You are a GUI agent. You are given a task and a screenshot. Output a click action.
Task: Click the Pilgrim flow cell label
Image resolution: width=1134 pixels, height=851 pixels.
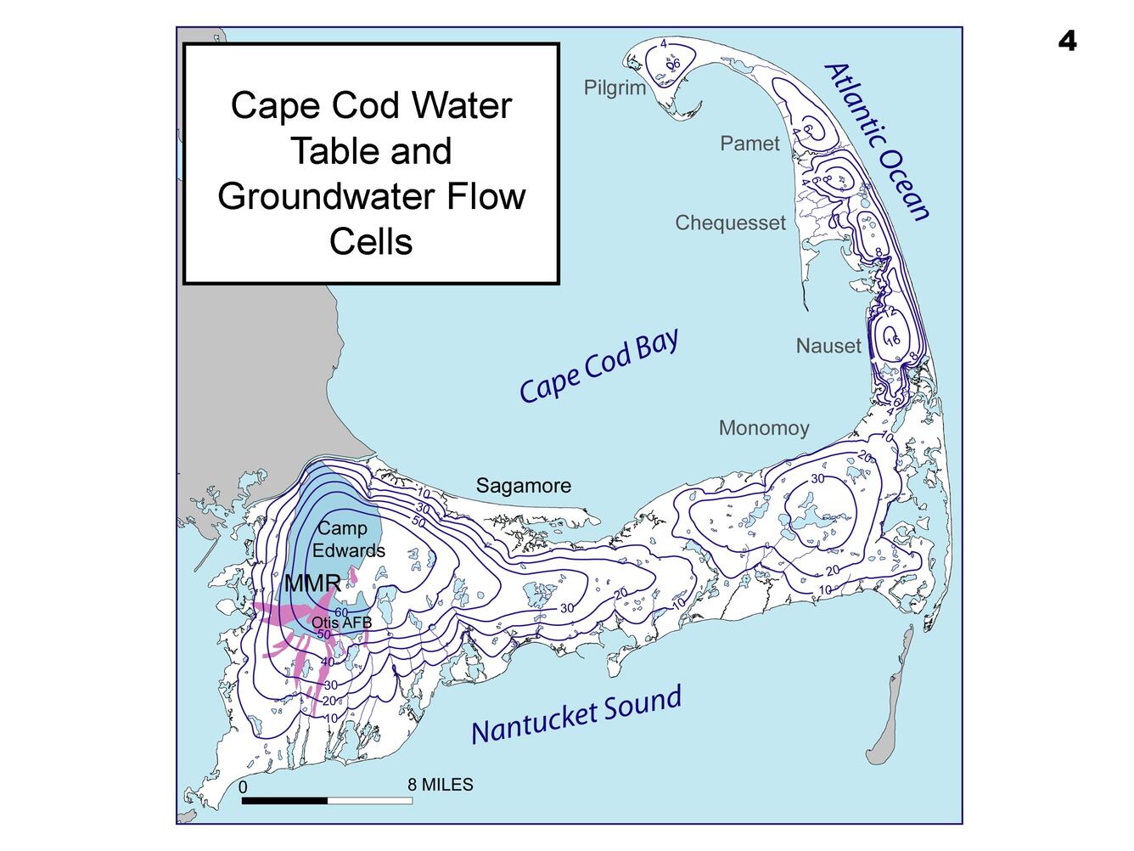pyautogui.click(x=615, y=88)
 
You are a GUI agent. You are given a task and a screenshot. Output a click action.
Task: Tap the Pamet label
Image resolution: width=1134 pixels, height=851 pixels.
pyautogui.click(x=749, y=144)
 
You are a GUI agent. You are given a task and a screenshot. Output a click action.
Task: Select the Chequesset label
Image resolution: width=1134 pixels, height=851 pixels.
pyautogui.click(x=730, y=223)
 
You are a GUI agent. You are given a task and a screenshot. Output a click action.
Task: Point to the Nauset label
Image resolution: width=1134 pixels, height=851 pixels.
pyautogui.click(x=828, y=346)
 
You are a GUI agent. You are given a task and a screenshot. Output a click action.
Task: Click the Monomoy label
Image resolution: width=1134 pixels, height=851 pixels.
pyautogui.click(x=764, y=428)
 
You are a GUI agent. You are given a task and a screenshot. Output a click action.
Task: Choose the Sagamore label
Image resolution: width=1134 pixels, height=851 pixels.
pyautogui.click(x=523, y=486)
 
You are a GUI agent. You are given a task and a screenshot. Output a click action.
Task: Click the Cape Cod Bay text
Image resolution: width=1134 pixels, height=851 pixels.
pyautogui.click(x=599, y=366)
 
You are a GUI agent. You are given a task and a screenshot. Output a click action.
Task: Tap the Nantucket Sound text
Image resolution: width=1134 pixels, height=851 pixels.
pyautogui.click(x=576, y=715)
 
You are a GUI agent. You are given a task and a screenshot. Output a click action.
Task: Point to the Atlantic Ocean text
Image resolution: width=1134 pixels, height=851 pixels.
pyautogui.click(x=879, y=142)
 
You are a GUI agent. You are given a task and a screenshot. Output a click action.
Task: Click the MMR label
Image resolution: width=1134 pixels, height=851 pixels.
pyautogui.click(x=312, y=583)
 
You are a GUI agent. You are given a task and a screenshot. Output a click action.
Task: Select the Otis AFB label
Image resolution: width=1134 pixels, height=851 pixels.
pyautogui.click(x=341, y=623)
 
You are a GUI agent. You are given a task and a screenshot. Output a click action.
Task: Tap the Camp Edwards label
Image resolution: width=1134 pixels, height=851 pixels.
pyautogui.click(x=347, y=539)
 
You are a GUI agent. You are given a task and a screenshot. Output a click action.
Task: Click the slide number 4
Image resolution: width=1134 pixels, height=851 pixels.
pyautogui.click(x=1067, y=41)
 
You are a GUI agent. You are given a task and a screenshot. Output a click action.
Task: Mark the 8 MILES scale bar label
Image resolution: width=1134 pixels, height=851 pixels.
pyautogui.click(x=440, y=785)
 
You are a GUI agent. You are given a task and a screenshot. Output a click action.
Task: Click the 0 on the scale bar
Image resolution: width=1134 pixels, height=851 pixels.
pyautogui.click(x=243, y=787)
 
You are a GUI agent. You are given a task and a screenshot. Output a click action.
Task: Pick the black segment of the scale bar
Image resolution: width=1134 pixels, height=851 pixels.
pyautogui.click(x=284, y=800)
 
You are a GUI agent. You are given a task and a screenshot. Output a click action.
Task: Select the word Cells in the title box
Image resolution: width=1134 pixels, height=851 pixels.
pyautogui.click(x=371, y=242)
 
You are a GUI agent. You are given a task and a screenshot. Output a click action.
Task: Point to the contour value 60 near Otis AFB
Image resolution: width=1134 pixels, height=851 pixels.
pyautogui.click(x=341, y=611)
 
